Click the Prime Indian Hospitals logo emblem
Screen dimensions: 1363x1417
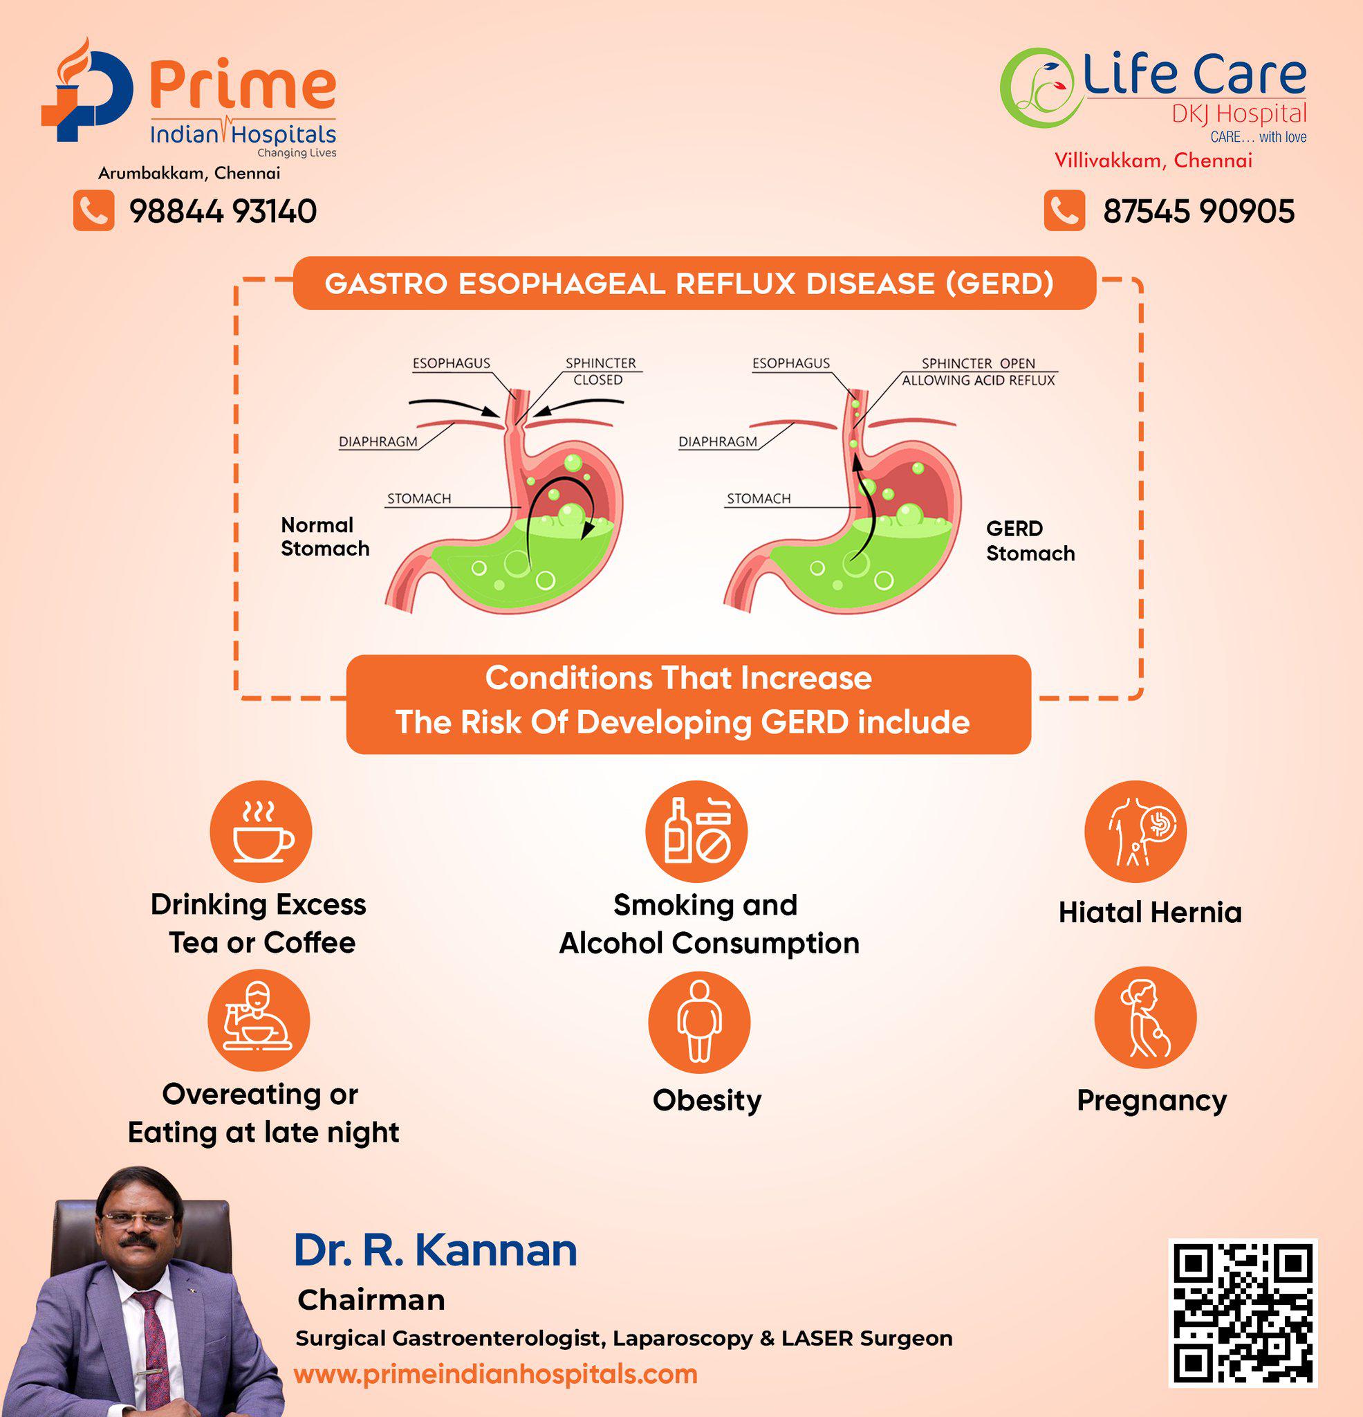[87, 90]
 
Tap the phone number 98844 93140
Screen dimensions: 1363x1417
[223, 211]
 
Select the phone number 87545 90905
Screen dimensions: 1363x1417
[1198, 211]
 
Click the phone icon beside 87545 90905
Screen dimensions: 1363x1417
[1064, 210]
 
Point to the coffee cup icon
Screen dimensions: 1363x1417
[261, 832]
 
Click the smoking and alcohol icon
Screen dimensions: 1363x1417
[696, 832]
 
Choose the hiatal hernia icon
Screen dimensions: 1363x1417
[1135, 832]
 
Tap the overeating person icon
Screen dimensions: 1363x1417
[259, 1020]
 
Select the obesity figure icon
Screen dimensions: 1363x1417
[699, 1021]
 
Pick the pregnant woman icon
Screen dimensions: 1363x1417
[1145, 1017]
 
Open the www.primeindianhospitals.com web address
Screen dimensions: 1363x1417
[496, 1374]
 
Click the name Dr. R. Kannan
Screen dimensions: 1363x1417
[435, 1250]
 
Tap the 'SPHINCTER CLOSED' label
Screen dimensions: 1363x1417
[600, 372]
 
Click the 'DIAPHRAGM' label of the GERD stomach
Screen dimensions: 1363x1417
[718, 441]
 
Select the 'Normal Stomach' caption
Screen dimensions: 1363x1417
[325, 536]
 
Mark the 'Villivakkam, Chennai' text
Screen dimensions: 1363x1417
[1153, 161]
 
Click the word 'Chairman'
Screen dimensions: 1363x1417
[371, 1301]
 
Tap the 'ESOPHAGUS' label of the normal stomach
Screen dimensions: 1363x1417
[451, 363]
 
